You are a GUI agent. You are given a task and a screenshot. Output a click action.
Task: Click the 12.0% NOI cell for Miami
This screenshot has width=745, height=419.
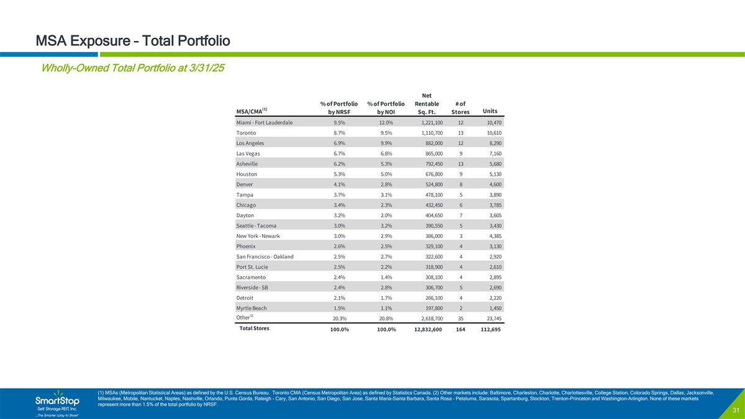pyautogui.click(x=386, y=123)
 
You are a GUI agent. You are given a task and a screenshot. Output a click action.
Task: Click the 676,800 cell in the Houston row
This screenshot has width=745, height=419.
pyautogui.click(x=430, y=174)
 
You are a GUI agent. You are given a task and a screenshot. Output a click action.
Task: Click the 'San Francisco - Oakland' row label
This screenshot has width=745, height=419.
pyautogui.click(x=265, y=256)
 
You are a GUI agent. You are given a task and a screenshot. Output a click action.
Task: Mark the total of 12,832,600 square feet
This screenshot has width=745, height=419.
pyautogui.click(x=423, y=330)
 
